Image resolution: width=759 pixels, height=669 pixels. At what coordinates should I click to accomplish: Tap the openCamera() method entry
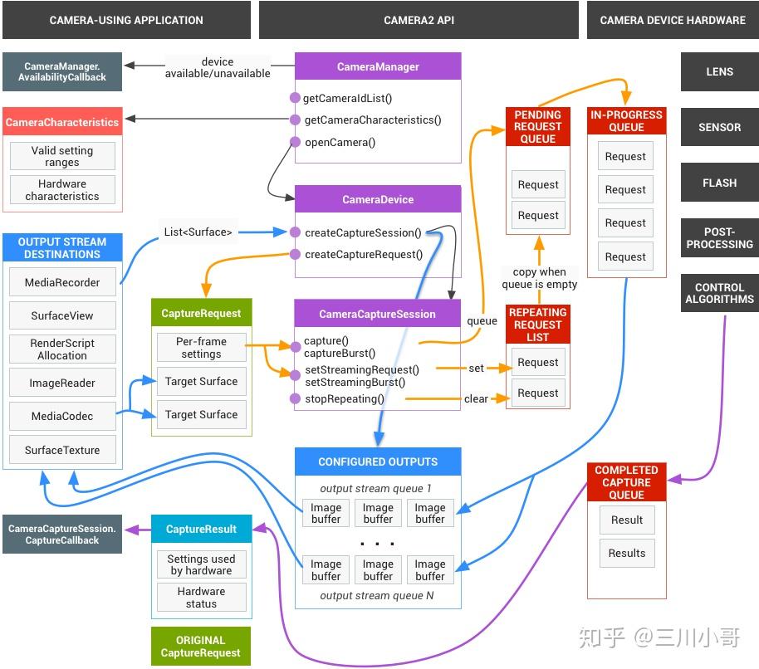(340, 142)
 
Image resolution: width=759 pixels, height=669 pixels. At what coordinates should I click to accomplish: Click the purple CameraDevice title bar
(377, 199)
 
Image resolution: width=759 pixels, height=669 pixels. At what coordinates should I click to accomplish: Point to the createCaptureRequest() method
(363, 255)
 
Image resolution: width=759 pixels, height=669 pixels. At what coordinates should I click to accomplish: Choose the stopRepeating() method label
(344, 398)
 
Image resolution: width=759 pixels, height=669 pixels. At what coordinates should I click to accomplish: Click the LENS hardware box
(719, 72)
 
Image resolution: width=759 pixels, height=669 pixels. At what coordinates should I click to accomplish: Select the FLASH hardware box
(719, 183)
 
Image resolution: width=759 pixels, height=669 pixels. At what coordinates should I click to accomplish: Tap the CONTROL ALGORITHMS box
(719, 293)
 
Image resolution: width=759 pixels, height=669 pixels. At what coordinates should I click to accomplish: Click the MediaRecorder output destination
(62, 282)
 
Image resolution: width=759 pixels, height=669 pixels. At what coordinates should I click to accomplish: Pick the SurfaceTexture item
(62, 450)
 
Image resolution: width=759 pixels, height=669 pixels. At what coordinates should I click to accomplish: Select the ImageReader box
(62, 383)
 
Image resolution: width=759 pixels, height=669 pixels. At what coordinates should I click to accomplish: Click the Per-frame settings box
(201, 348)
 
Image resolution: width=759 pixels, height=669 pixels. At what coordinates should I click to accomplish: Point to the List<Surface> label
(198, 232)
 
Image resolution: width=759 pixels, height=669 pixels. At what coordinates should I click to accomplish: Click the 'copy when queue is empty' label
(539, 278)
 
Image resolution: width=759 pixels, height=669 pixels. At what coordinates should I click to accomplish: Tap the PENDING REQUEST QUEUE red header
(538, 127)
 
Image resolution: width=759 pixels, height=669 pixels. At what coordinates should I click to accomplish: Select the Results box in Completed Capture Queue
(627, 554)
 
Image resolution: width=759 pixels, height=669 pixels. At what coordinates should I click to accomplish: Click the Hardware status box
(201, 598)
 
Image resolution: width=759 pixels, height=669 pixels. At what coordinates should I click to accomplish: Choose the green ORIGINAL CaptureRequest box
(201, 647)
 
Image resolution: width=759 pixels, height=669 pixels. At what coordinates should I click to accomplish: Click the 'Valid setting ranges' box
(62, 157)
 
